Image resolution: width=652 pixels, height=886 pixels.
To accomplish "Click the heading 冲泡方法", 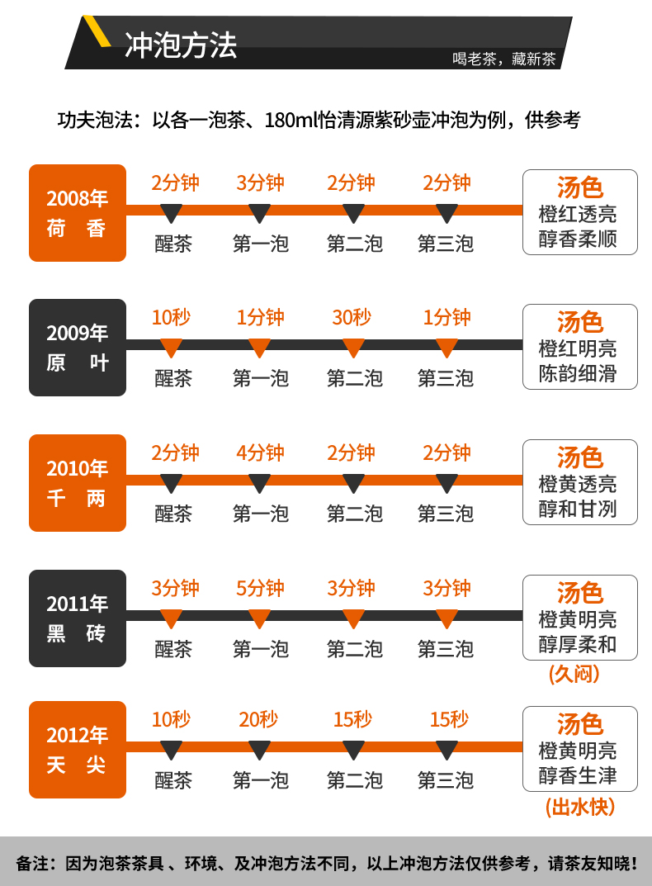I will [x=181, y=45].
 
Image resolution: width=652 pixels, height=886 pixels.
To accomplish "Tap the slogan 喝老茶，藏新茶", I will [x=503, y=60].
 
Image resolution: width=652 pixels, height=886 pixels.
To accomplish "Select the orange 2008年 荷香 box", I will [x=78, y=213].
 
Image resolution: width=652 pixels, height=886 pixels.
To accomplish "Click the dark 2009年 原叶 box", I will [x=78, y=348].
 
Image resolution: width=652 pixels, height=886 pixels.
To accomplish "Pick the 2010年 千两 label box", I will [x=78, y=483].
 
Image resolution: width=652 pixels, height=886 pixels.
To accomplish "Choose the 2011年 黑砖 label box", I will [x=78, y=618].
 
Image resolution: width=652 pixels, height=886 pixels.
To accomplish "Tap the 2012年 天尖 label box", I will [x=78, y=750].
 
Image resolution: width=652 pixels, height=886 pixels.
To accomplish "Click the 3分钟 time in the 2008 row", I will [x=260, y=182].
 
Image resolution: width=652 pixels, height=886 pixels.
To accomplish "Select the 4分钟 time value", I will [x=260, y=452].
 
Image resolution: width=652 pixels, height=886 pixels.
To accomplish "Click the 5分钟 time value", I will [x=260, y=588].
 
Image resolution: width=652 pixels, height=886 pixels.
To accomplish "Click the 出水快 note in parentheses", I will [x=580, y=807].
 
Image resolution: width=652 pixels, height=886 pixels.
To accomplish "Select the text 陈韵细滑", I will [x=578, y=373].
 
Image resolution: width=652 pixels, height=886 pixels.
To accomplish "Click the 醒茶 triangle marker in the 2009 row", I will [x=172, y=348].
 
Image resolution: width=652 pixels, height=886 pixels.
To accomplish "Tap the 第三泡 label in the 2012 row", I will [x=446, y=779].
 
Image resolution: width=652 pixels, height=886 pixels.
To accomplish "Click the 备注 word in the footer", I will [x=34, y=864].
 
